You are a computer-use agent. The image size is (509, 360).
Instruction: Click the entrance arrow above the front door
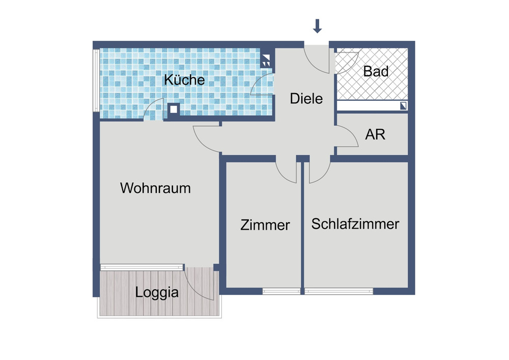[318, 26]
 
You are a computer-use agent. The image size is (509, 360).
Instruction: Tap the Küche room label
[185, 80]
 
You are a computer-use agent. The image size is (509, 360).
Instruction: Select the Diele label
[306, 98]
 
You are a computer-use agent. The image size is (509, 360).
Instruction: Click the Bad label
[376, 71]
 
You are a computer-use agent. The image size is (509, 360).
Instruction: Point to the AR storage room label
[375, 134]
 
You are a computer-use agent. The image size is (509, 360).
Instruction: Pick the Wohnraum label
[155, 188]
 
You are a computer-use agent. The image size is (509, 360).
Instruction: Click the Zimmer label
[265, 225]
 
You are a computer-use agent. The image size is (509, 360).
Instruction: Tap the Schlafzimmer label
[355, 224]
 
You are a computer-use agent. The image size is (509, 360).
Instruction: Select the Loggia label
[157, 293]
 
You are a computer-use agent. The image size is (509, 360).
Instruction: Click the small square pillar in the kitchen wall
[174, 108]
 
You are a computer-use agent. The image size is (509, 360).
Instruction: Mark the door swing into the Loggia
[200, 283]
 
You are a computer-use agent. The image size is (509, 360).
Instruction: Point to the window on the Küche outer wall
[96, 79]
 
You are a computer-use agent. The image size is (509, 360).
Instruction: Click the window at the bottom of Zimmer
[281, 291]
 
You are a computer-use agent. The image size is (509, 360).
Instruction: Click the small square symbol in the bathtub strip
[404, 106]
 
